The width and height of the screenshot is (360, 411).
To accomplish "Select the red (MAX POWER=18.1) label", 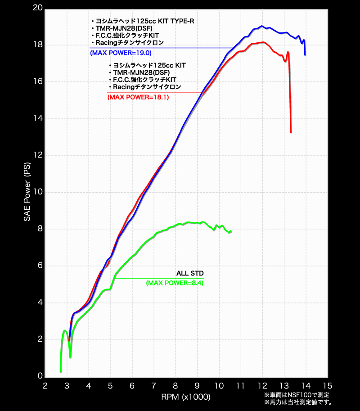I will pyautogui.click(x=138, y=97).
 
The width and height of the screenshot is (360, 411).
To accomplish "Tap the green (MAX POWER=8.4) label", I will pyautogui.click(x=175, y=283).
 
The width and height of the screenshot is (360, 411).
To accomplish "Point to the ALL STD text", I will pyautogui.click(x=189, y=273).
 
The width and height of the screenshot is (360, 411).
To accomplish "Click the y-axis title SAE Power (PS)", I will pyautogui.click(x=27, y=192).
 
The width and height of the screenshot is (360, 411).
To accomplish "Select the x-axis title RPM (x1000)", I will pyautogui.click(x=186, y=397).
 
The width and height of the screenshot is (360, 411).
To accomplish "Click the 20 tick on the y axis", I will pyautogui.click(x=37, y=8).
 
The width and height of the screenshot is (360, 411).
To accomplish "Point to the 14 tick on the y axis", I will pyautogui.click(x=37, y=118).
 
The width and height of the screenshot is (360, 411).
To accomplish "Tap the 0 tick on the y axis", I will pyautogui.click(x=40, y=376).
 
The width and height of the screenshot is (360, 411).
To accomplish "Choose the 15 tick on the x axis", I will pyautogui.click(x=328, y=386).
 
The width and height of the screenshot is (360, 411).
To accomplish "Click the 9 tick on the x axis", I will pyautogui.click(x=197, y=386).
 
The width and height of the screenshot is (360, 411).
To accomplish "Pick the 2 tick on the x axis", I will pyautogui.click(x=45, y=386).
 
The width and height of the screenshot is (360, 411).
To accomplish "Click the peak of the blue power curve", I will pyautogui.click(x=261, y=26).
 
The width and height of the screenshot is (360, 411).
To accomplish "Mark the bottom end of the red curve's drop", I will pyautogui.click(x=291, y=132).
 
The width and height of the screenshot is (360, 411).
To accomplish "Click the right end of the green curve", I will pyautogui.click(x=231, y=232).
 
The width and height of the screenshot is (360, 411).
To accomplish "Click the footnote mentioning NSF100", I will pyautogui.click(x=297, y=395).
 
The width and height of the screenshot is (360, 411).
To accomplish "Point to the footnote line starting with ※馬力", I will pyautogui.click(x=297, y=402).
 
